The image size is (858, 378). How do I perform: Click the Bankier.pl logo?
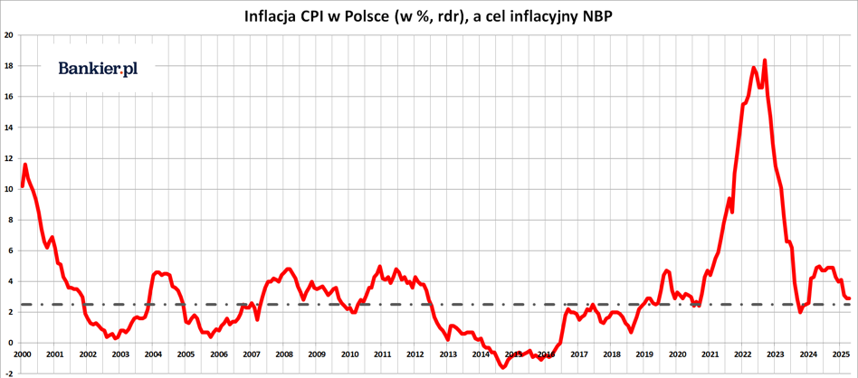[x=98, y=69]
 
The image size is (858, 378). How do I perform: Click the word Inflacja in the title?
[x=272, y=16]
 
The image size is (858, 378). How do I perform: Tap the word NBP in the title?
[x=593, y=16]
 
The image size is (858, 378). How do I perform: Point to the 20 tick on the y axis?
[x=8, y=35]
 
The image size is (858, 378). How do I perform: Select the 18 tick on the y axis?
[x=8, y=66]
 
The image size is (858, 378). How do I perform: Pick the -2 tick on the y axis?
[x=8, y=373]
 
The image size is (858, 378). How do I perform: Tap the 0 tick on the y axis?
[x=10, y=343]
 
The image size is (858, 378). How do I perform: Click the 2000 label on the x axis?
[x=23, y=354]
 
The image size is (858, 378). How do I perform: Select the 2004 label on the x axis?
[x=153, y=354]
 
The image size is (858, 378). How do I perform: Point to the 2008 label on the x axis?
[x=283, y=354]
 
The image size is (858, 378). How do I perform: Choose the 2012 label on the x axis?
[x=415, y=354]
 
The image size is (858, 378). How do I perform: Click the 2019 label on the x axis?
[x=643, y=354]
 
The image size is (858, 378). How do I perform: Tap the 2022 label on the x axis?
[x=742, y=354]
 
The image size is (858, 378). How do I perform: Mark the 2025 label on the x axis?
[x=840, y=354]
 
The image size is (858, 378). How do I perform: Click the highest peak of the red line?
[x=765, y=61]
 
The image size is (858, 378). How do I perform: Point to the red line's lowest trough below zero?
[x=503, y=367]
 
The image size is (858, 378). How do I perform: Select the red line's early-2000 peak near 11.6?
[x=25, y=165]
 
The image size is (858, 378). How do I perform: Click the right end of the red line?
[x=848, y=298]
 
